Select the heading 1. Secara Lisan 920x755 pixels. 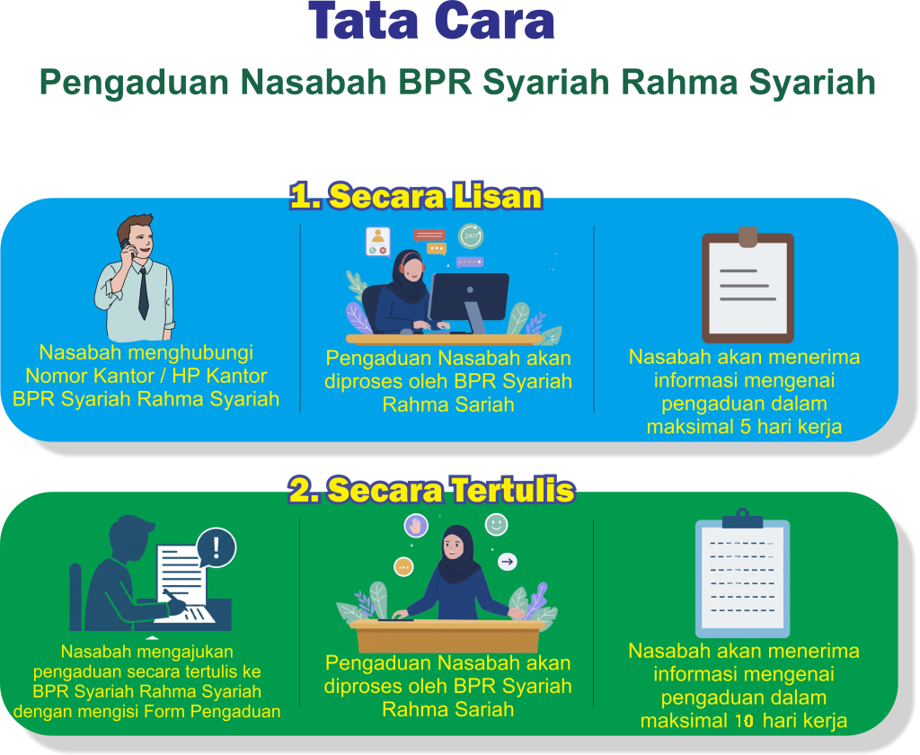tap(416, 196)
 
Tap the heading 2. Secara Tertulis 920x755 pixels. tap(431, 490)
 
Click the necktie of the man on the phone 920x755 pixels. tap(143, 292)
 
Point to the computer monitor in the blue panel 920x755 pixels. tap(469, 297)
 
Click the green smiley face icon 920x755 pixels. tap(496, 524)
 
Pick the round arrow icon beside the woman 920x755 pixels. tap(508, 562)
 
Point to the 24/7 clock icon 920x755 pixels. tap(471, 235)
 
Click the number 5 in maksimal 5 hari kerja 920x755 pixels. tap(745, 427)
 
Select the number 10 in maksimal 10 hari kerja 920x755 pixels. tap(742, 721)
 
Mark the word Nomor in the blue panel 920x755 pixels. tap(55, 375)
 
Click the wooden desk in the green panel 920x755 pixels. tap(447, 635)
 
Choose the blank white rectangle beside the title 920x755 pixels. tap(790, 32)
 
